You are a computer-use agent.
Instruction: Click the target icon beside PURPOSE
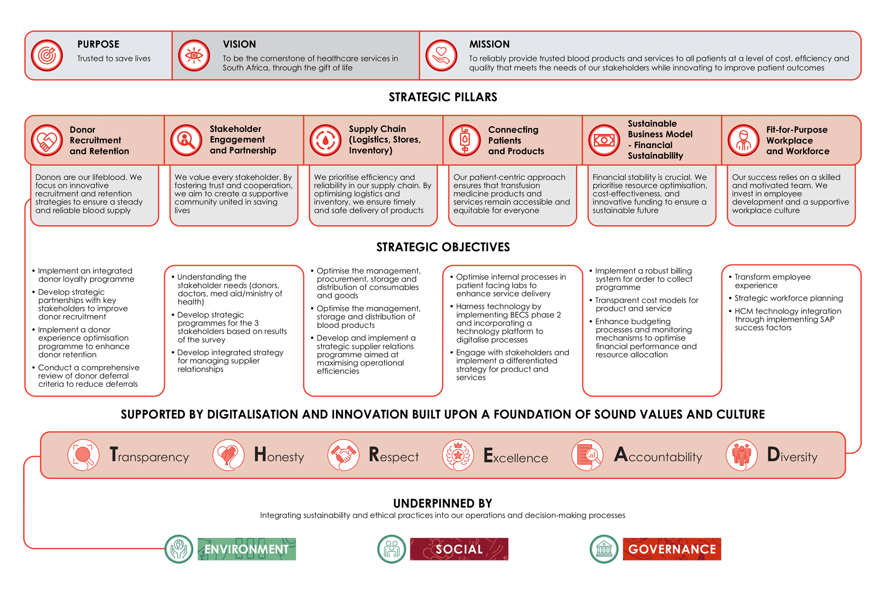coord(47,56)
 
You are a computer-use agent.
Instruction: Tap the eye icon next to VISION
coord(194,56)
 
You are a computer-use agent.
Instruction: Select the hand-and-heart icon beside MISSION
coord(441,56)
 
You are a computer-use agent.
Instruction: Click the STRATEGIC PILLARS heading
coord(442,97)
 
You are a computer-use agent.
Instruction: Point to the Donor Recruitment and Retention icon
coord(47,140)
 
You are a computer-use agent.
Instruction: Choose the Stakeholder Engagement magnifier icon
coord(186,140)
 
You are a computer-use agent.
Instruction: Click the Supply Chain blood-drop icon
coord(325,140)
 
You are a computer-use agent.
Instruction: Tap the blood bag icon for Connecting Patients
coord(465,140)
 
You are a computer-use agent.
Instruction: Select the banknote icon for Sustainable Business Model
coord(604,140)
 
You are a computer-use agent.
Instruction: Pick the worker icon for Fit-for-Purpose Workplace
coord(743,140)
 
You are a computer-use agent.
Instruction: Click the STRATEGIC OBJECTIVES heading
coord(442,247)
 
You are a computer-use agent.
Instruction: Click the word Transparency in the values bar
coord(149,455)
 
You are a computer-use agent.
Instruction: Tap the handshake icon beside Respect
coord(343,455)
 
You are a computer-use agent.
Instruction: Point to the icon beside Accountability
coord(587,455)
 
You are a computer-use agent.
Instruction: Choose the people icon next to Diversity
coord(742,455)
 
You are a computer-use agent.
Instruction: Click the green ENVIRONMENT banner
coord(247,549)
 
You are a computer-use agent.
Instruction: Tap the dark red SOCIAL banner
coord(459,549)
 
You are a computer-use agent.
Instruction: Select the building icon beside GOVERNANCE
coord(604,549)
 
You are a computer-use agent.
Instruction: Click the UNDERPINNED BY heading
coord(442,503)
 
